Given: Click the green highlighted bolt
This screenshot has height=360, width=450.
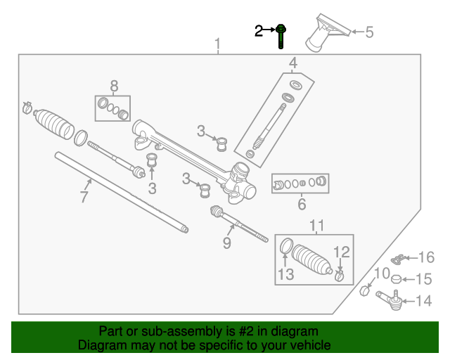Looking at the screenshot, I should pyautogui.click(x=281, y=35).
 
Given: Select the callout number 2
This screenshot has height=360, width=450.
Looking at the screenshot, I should pyautogui.click(x=259, y=30).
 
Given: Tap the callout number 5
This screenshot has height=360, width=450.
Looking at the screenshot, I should pyautogui.click(x=369, y=31).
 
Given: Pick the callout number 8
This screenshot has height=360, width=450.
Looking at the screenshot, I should pyautogui.click(x=113, y=86).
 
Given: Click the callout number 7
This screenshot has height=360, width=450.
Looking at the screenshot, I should pyautogui.click(x=84, y=197).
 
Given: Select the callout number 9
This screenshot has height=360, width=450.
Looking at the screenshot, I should pyautogui.click(x=226, y=243).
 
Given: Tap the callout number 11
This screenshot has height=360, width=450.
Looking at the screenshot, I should pyautogui.click(x=317, y=225).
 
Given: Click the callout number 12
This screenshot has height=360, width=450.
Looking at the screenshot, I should pyautogui.click(x=340, y=252).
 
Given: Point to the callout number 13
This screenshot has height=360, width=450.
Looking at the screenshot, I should pyautogui.click(x=285, y=274).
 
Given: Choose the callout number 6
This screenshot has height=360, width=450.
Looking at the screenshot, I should pyautogui.click(x=302, y=205).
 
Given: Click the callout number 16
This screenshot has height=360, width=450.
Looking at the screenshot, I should pyautogui.click(x=427, y=257).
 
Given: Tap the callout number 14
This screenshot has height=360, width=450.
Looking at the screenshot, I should pyautogui.click(x=423, y=301).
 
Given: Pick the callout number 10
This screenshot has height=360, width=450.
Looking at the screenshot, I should pyautogui.click(x=381, y=274).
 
